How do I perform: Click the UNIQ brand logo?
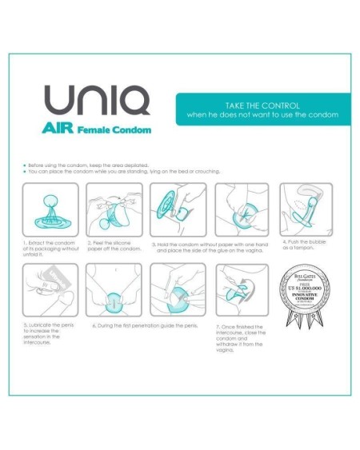(x=96, y=102)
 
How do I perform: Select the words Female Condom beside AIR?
(x=118, y=129)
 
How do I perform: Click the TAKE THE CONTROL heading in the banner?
(x=263, y=105)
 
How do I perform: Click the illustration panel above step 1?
(x=50, y=209)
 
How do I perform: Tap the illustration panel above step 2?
(x=114, y=209)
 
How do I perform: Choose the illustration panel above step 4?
(x=306, y=209)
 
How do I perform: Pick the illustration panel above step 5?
(x=50, y=290)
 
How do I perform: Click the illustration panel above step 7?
(x=242, y=290)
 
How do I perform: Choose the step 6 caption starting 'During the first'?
(x=145, y=326)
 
